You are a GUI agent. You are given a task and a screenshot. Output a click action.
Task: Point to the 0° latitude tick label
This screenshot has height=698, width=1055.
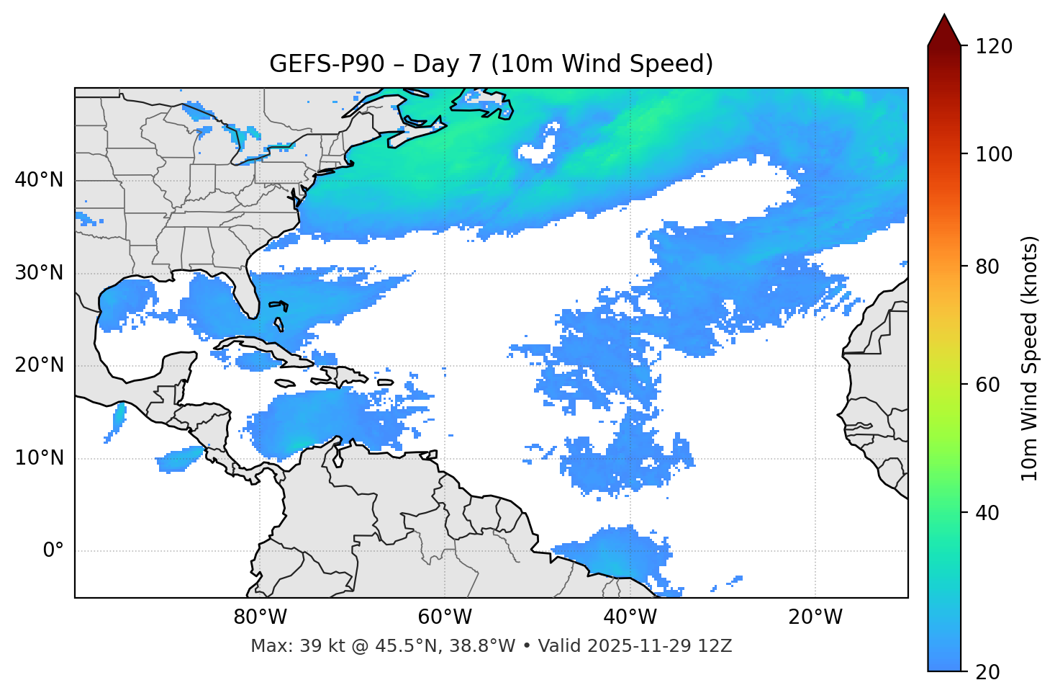53,551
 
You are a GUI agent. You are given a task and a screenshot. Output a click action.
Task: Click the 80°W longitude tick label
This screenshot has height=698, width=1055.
260,617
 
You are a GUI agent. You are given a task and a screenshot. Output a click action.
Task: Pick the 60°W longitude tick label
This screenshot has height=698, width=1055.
445,617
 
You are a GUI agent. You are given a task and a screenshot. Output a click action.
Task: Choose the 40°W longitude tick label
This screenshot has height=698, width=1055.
630,617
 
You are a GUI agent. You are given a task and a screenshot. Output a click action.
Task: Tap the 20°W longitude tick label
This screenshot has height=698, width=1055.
815,617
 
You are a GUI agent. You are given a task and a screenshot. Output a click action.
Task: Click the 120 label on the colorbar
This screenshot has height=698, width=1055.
993,47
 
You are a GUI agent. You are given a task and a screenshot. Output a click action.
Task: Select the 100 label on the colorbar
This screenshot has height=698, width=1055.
993,154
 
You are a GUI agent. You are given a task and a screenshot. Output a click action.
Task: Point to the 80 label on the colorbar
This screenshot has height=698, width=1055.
988,267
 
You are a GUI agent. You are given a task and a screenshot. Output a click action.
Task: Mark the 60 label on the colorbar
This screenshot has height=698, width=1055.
988,385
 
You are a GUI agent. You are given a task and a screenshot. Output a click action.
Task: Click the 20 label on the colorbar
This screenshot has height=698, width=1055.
988,672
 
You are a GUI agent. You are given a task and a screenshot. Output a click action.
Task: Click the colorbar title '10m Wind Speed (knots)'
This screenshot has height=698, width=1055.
1030,358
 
